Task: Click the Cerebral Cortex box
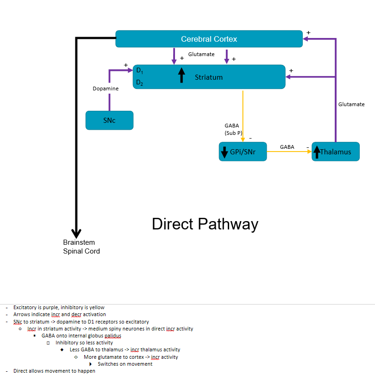click(209, 39)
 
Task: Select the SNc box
click(109, 121)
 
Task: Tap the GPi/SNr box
click(243, 152)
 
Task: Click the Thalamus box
click(336, 152)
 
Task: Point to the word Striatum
click(208, 77)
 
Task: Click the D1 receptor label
click(139, 71)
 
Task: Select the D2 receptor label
click(139, 83)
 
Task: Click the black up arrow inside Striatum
click(181, 75)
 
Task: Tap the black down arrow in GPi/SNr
click(225, 152)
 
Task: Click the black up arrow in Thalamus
click(317, 152)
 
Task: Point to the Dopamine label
click(106, 89)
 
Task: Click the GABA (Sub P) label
click(233, 129)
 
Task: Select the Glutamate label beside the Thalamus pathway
click(351, 104)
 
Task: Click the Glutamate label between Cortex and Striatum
click(201, 54)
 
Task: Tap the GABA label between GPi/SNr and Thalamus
click(287, 147)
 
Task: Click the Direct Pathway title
click(205, 224)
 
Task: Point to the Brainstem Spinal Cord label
click(81, 247)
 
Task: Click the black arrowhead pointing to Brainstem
click(76, 233)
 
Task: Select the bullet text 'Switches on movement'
click(125, 364)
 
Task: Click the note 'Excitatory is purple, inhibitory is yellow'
click(59, 307)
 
